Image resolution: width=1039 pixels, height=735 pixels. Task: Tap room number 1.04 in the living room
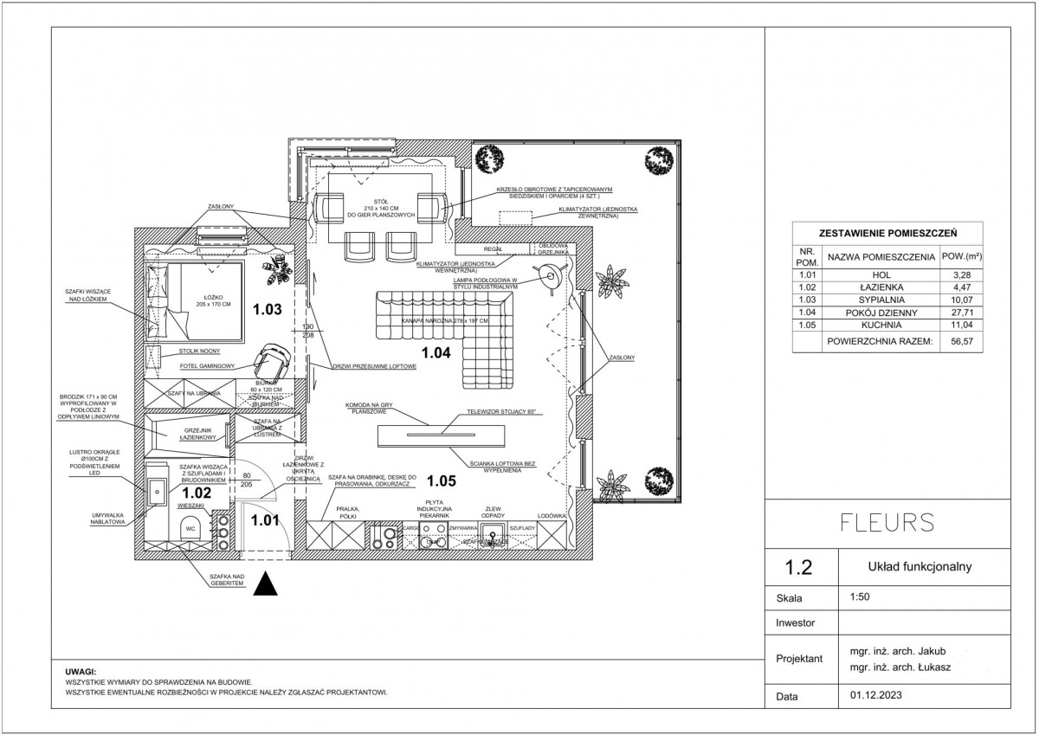tap(435, 351)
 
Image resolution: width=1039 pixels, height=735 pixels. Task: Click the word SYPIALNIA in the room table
tap(881, 298)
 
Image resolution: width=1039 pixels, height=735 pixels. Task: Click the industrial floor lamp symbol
tap(549, 277)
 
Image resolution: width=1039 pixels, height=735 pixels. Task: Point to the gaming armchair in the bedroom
tap(274, 357)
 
